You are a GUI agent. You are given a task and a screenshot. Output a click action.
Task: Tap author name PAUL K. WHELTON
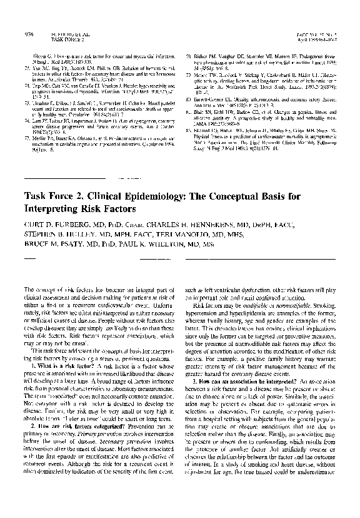pos(179,247)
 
